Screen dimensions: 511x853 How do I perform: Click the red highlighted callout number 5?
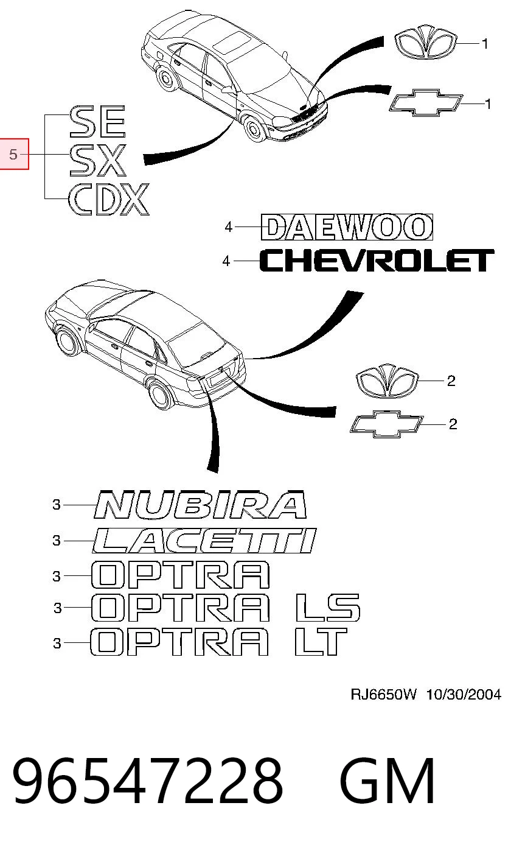pyautogui.click(x=13, y=154)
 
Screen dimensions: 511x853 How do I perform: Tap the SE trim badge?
pyautogui.click(x=98, y=122)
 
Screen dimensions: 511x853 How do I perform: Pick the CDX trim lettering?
pyautogui.click(x=109, y=200)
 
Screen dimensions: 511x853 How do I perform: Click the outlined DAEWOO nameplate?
pyautogui.click(x=347, y=227)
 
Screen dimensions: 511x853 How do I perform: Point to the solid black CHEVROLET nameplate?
pyautogui.click(x=377, y=261)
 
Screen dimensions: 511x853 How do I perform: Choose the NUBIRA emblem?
pyautogui.click(x=201, y=505)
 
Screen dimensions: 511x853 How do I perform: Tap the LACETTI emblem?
pyautogui.click(x=204, y=541)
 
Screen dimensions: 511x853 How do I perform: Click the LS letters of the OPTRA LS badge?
pyautogui.click(x=328, y=608)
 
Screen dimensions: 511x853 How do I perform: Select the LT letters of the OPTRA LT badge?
pyautogui.click(x=321, y=642)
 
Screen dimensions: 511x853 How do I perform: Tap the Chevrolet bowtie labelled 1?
pyautogui.click(x=426, y=103)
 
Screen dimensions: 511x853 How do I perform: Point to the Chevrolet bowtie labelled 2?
pyautogui.click(x=386, y=424)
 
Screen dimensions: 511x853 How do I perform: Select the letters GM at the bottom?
pyautogui.click(x=388, y=781)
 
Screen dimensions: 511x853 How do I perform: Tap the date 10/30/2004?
pyautogui.click(x=464, y=695)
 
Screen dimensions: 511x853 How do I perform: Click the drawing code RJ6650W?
pyautogui.click(x=383, y=695)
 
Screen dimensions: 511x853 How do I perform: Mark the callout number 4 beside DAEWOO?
pyautogui.click(x=228, y=227)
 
